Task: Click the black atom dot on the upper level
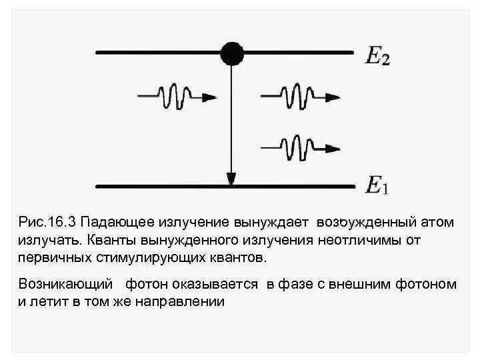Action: pos(232,52)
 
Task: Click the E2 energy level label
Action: pos(377,56)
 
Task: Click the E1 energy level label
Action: pos(377,185)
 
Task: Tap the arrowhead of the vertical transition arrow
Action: pos(231,178)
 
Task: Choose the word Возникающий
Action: pos(64,285)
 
